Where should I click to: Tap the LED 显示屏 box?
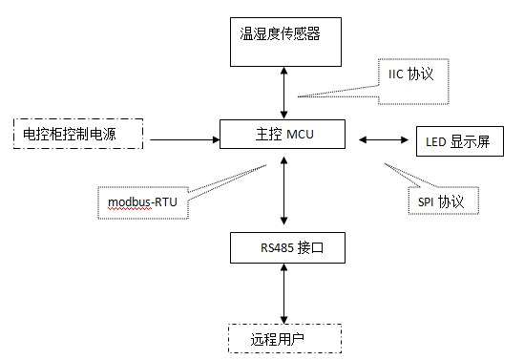point(457,142)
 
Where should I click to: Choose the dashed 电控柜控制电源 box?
point(76,135)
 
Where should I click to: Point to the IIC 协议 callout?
point(411,73)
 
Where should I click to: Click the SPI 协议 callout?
point(441,202)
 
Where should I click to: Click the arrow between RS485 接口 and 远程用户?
point(283,293)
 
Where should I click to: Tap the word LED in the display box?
point(437,143)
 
